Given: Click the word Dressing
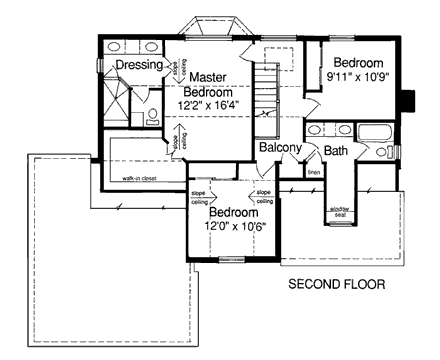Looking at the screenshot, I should tap(139, 66).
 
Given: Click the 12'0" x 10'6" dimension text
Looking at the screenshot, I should tap(233, 228).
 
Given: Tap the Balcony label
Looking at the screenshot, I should tap(280, 148).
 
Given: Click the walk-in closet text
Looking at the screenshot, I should tap(143, 180).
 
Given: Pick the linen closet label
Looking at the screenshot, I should tap(313, 172).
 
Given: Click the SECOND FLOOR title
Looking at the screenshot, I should tap(337, 285).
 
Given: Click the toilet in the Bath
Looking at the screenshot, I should tap(384, 153).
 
